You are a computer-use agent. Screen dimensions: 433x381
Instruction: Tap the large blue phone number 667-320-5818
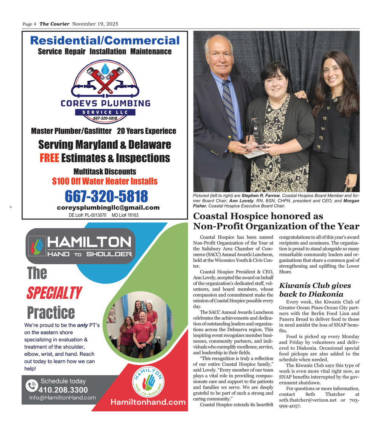tap(106, 196)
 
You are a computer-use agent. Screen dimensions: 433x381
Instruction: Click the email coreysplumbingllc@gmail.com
tap(108, 208)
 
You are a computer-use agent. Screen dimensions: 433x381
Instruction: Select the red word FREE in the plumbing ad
tap(49, 158)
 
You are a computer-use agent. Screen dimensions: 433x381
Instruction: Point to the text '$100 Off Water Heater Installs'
tap(105, 181)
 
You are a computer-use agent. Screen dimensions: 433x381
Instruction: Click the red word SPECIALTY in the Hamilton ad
tap(54, 293)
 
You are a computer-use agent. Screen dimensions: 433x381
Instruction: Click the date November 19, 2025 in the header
tap(95, 24)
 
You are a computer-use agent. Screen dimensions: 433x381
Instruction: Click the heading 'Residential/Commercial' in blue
tap(104, 40)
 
